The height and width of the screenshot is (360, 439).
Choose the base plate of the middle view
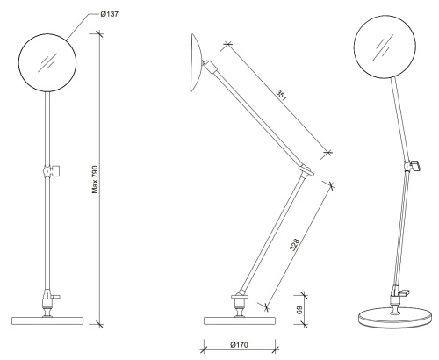(237, 317)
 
